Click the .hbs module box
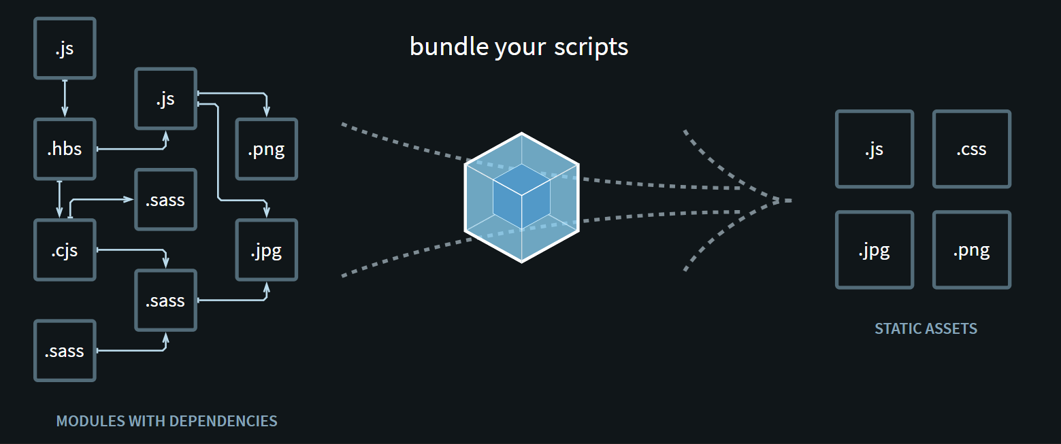65,149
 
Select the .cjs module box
65,250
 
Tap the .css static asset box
971,149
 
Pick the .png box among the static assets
971,250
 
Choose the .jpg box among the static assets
874,250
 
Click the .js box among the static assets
874,149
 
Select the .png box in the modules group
266,149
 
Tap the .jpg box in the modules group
266,250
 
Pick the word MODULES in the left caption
91,421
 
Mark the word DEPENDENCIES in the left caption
223,421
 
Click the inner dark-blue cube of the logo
521,196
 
